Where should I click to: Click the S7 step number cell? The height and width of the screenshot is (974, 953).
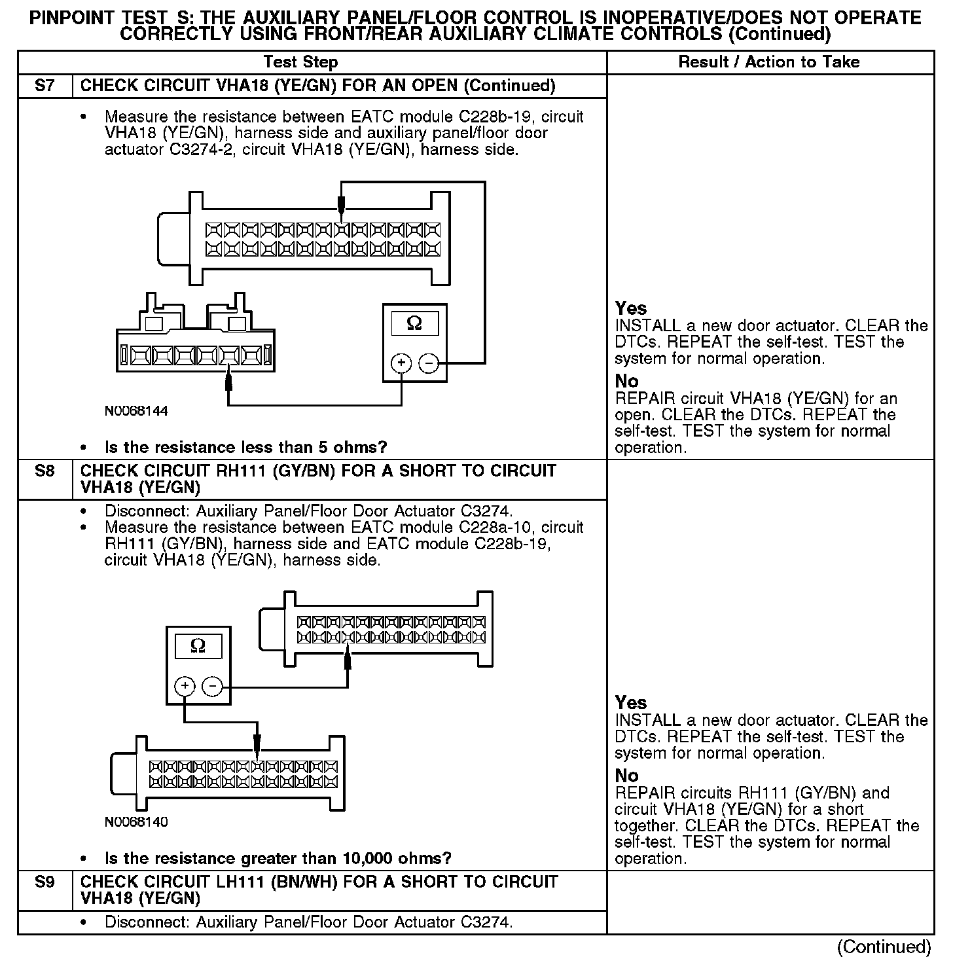[x=45, y=86]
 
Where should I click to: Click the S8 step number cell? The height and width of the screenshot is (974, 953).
[x=45, y=471]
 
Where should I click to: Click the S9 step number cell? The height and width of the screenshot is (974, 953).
[x=45, y=882]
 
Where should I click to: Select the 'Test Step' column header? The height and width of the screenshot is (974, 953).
[x=300, y=62]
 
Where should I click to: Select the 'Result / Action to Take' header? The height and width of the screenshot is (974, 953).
[x=769, y=62]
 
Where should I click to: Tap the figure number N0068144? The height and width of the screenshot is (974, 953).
[x=136, y=411]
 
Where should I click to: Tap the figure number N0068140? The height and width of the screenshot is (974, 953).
[x=136, y=822]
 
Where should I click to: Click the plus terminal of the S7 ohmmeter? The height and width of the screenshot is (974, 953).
[x=401, y=363]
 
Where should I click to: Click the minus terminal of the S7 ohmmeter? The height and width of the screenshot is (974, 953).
[x=429, y=363]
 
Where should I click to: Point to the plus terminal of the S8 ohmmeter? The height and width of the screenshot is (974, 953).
[x=185, y=686]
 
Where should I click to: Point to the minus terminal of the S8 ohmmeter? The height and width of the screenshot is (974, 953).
[x=212, y=686]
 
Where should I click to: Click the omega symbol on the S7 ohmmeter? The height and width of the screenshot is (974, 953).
[x=414, y=323]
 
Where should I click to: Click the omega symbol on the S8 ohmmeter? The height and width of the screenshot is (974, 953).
[x=198, y=646]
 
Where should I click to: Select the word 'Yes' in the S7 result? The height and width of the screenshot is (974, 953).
[x=631, y=308]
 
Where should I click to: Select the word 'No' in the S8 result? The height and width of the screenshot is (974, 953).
[x=626, y=776]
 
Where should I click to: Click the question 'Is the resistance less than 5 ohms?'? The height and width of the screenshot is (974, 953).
[x=245, y=448]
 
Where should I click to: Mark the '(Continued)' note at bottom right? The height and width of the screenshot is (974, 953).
[x=884, y=947]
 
